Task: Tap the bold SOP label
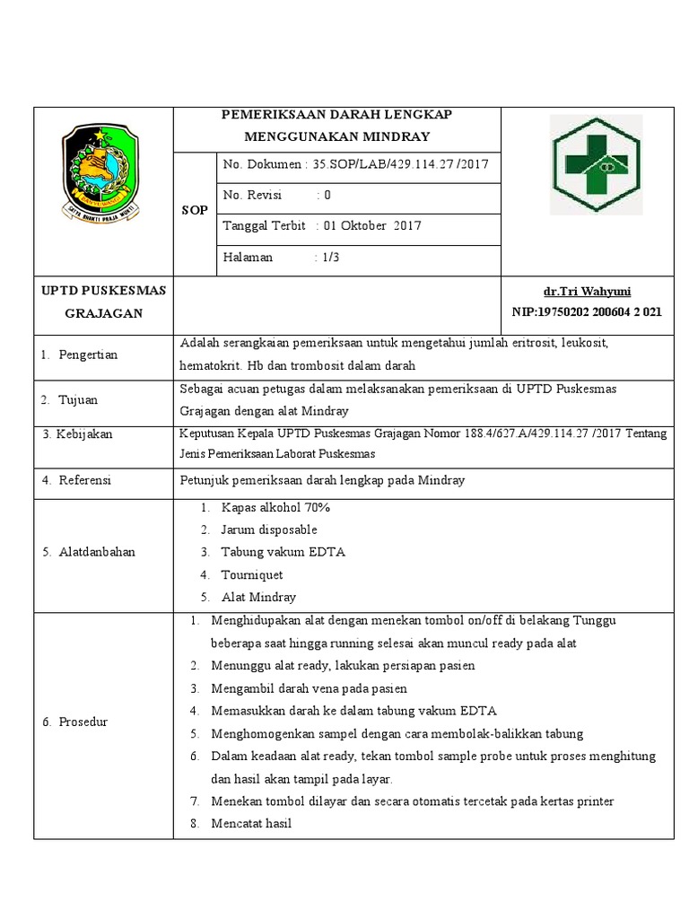coord(196,210)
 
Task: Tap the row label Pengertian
coord(87,354)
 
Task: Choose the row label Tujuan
coord(78,399)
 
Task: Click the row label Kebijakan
coord(83,434)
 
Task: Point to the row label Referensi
coord(84,480)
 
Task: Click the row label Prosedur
coord(83,722)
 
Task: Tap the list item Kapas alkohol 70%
coord(275,507)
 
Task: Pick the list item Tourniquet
coord(252,574)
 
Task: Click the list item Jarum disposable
coord(269,530)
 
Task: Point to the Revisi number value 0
coord(327,195)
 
